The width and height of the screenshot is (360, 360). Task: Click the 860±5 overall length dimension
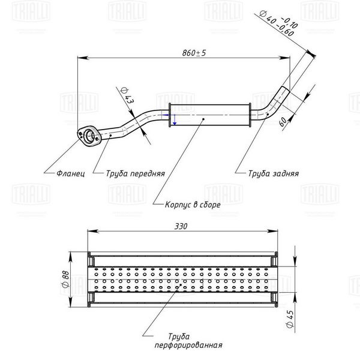click(194, 53)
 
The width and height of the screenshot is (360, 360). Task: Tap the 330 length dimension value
click(181, 226)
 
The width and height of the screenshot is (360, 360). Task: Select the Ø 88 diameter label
click(65, 279)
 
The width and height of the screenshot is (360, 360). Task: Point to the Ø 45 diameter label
click(290, 319)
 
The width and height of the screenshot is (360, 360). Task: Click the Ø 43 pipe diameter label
click(127, 95)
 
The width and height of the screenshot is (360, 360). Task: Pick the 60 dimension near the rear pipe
click(283, 121)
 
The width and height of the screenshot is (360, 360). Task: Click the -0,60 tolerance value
click(286, 31)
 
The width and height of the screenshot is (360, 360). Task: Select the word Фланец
click(71, 173)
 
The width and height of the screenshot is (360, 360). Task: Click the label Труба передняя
click(136, 173)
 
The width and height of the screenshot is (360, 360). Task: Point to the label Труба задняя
click(274, 173)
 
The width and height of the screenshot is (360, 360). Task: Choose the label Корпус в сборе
click(193, 205)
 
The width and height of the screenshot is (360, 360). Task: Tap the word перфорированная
click(188, 345)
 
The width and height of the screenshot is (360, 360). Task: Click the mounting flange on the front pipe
click(89, 136)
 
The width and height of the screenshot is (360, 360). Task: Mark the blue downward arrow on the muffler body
click(175, 119)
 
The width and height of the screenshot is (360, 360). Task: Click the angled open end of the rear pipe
click(286, 89)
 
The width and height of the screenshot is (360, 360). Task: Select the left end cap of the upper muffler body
click(170, 115)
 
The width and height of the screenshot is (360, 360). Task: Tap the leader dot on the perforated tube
click(181, 284)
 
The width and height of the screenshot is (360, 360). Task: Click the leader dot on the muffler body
click(203, 119)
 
